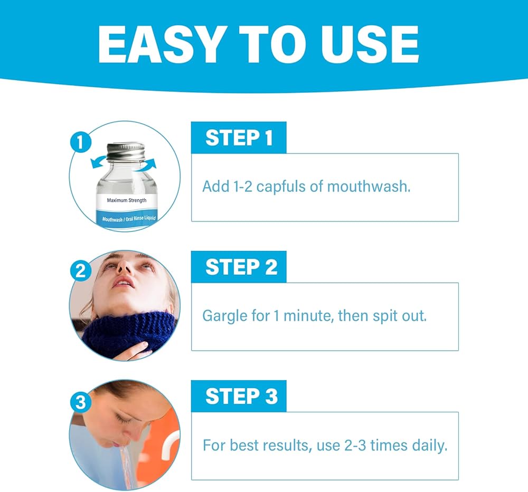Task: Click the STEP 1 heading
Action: point(239,138)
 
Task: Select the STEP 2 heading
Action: point(241,267)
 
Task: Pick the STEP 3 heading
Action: point(241,396)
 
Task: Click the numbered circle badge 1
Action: point(80,142)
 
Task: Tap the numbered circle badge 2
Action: point(80,271)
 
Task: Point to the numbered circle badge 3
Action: point(80,402)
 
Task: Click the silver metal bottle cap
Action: point(125,151)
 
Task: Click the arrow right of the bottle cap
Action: point(148,164)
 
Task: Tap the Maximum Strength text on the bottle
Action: point(127,200)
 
